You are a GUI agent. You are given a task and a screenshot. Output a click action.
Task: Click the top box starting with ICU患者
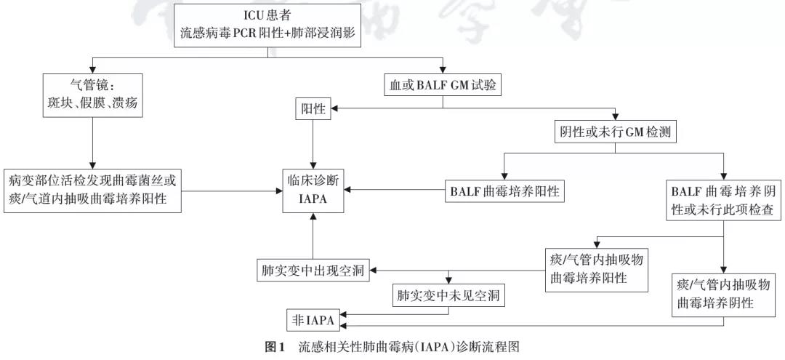[x=267, y=25]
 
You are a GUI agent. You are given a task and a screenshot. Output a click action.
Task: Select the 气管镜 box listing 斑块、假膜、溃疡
[x=92, y=95]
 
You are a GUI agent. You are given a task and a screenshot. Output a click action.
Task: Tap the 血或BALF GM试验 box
[x=443, y=85]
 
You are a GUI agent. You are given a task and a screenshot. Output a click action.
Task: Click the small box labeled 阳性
[x=313, y=110]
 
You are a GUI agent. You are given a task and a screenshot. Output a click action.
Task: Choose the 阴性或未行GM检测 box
[x=616, y=132]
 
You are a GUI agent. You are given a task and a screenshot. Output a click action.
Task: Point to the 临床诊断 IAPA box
[x=313, y=191]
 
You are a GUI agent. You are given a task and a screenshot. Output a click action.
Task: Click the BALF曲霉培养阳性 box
[x=504, y=191]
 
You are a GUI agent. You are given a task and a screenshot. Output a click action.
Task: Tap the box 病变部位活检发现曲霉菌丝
[x=92, y=191]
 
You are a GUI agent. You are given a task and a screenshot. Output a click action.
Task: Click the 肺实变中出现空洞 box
[x=313, y=271]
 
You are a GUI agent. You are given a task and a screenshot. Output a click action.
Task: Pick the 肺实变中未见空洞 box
[x=448, y=295]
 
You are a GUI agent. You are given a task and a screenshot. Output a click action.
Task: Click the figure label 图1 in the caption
[x=274, y=346]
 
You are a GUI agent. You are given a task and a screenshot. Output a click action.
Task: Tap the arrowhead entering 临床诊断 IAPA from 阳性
[x=313, y=165]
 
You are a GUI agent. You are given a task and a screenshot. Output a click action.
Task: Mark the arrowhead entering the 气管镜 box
[x=92, y=70]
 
